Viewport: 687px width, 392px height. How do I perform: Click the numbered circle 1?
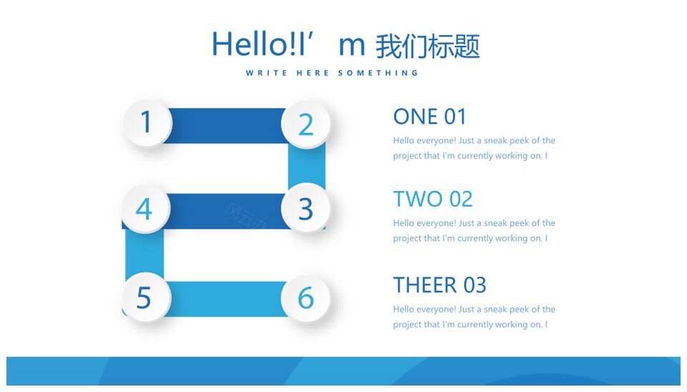(147, 122)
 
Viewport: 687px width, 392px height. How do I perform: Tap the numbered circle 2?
(306, 124)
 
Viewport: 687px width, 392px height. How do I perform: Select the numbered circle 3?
(306, 208)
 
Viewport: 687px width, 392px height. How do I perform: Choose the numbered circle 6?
(306, 298)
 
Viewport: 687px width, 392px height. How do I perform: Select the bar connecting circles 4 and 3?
(225, 211)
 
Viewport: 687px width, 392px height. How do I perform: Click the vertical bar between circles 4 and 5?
(145, 253)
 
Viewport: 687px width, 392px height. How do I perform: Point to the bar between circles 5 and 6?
(225, 299)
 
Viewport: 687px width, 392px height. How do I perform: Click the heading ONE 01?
(429, 117)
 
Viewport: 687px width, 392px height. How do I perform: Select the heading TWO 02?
(433, 199)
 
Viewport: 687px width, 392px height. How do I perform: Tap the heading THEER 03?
(439, 285)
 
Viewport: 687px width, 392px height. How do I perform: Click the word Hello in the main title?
(249, 44)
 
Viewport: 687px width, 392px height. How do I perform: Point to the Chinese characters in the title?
(428, 46)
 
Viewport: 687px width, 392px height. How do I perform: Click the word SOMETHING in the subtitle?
(379, 73)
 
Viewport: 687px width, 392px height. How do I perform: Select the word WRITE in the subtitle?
(267, 73)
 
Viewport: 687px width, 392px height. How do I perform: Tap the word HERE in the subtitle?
(313, 73)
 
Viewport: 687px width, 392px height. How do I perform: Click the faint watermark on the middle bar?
(246, 216)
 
